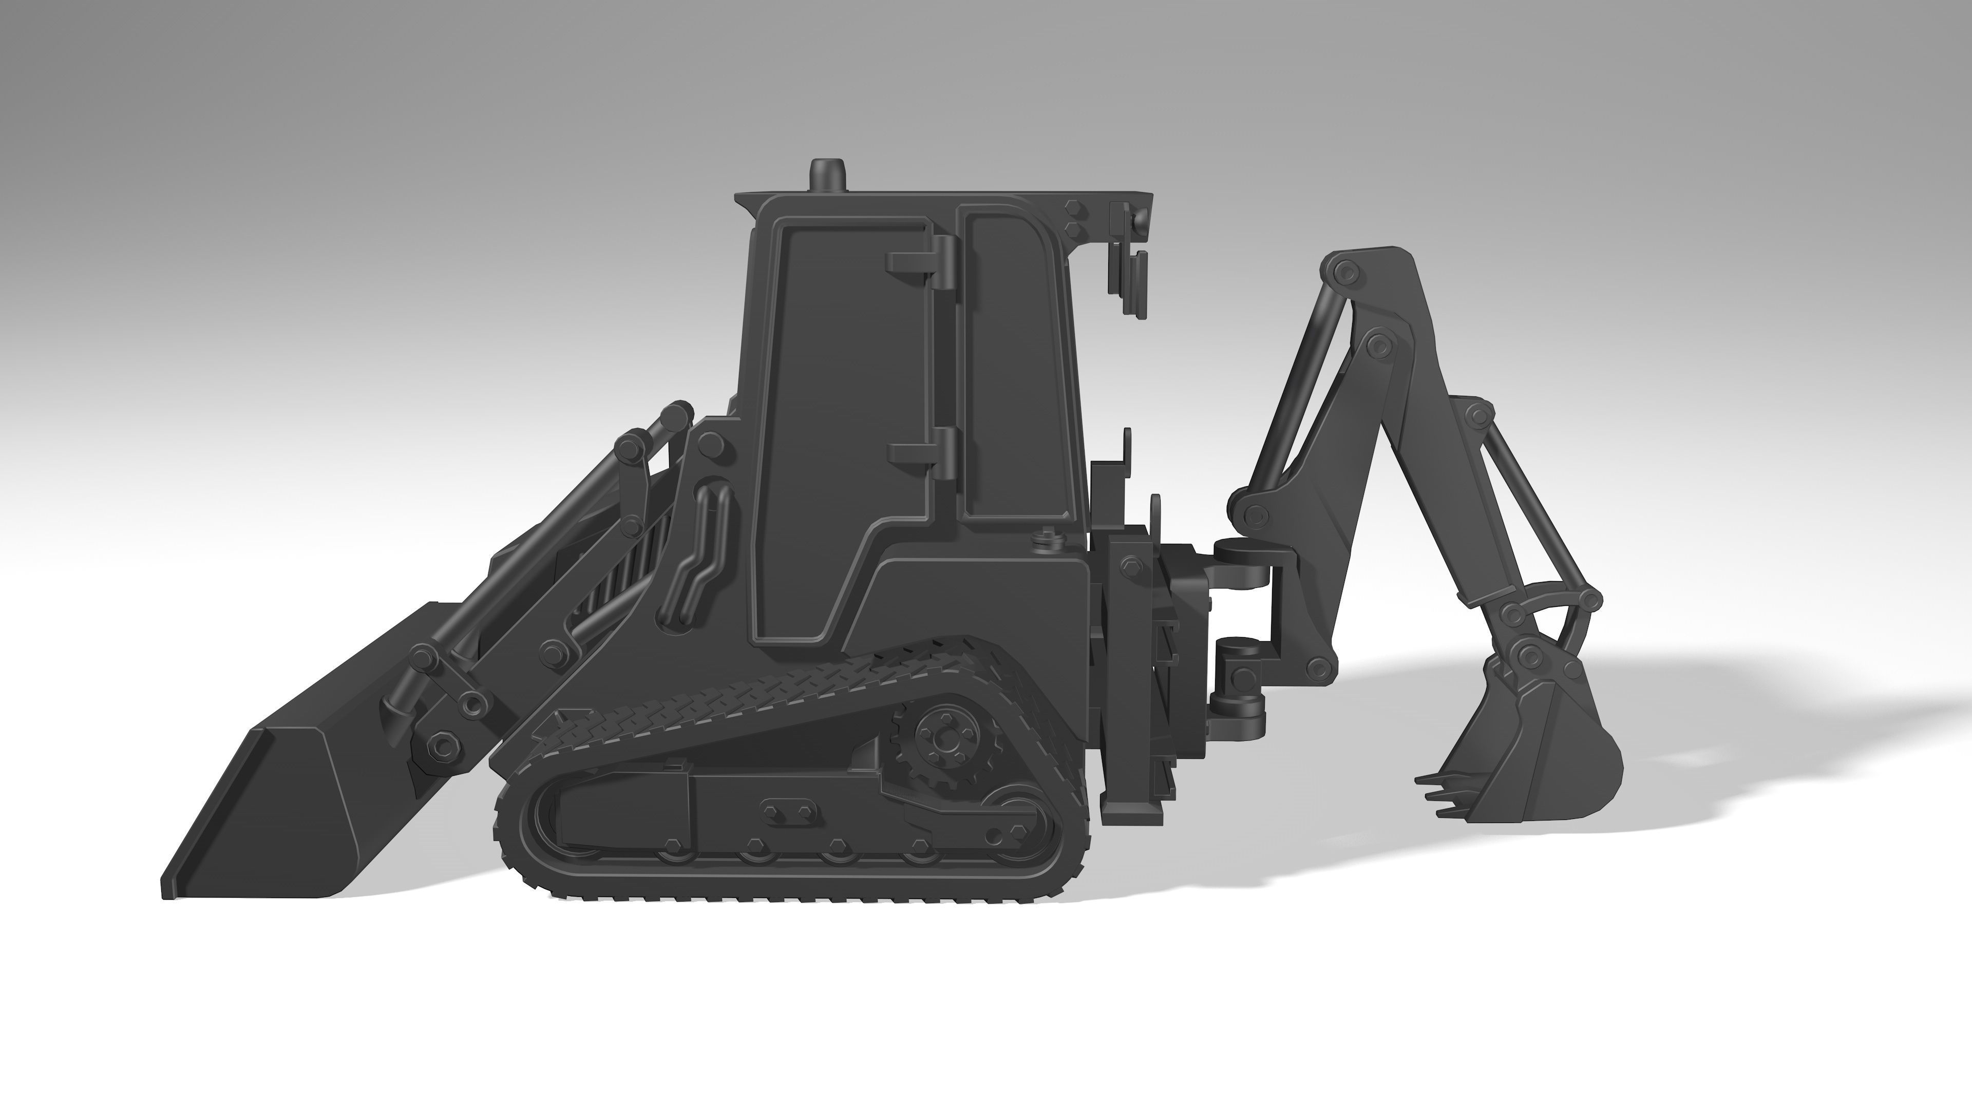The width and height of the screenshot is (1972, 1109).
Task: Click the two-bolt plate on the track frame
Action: [787, 809]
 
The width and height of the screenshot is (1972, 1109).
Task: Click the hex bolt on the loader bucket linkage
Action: [442, 742]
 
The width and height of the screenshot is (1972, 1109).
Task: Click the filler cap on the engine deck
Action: [1046, 540]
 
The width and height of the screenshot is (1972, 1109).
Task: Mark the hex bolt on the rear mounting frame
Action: [1131, 566]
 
